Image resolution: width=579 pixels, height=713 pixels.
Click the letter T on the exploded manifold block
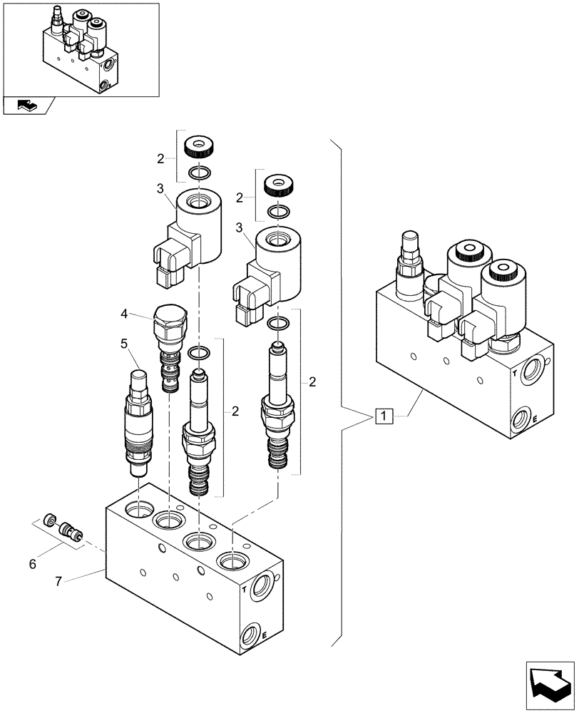(x=245, y=590)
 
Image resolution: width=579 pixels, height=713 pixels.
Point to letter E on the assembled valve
(x=533, y=421)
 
